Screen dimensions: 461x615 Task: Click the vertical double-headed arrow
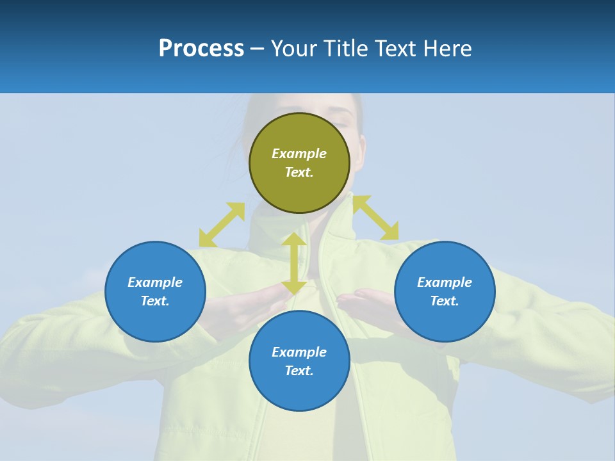[294, 263]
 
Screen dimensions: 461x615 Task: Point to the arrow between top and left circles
[222, 225]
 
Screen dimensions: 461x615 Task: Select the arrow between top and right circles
[376, 218]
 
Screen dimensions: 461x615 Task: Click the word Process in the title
[201, 49]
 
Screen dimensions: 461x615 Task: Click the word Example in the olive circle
[299, 154]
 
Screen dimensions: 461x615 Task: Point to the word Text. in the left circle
[155, 301]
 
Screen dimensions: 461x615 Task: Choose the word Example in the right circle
[445, 282]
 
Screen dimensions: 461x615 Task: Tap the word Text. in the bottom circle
[299, 371]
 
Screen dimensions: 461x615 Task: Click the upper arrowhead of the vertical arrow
[294, 240]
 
